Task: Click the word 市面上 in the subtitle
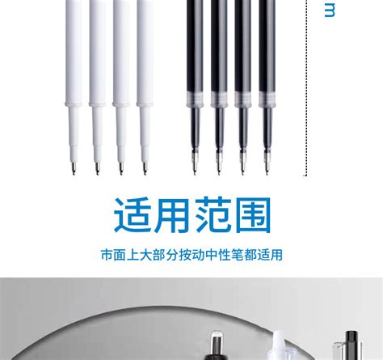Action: tap(117, 256)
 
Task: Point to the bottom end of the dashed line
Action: tap(306, 173)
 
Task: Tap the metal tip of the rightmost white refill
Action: tap(143, 167)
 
